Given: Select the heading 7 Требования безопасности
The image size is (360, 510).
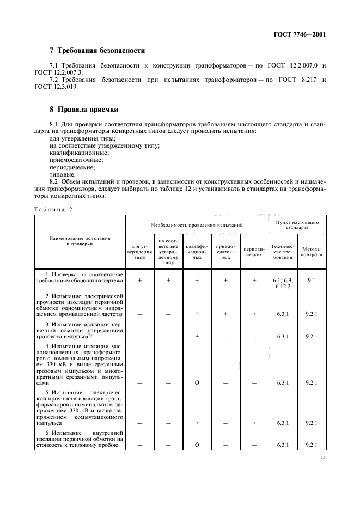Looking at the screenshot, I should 97,51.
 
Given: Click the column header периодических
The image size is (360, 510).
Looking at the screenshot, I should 254,252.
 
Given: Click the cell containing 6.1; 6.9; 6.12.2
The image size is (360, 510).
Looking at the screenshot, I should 283,282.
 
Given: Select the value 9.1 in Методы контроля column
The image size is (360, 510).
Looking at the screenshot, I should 312,279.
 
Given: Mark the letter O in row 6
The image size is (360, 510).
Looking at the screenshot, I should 197,445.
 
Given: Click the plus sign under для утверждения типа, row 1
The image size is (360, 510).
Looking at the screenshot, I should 140,280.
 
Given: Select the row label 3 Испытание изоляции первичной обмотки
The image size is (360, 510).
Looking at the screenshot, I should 80,330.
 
